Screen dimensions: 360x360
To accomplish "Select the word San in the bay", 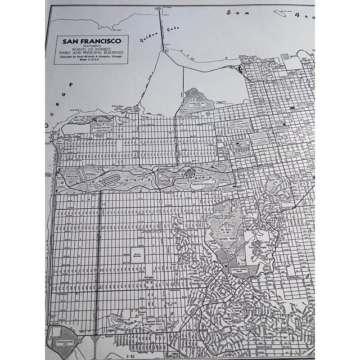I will pos(233,12).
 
